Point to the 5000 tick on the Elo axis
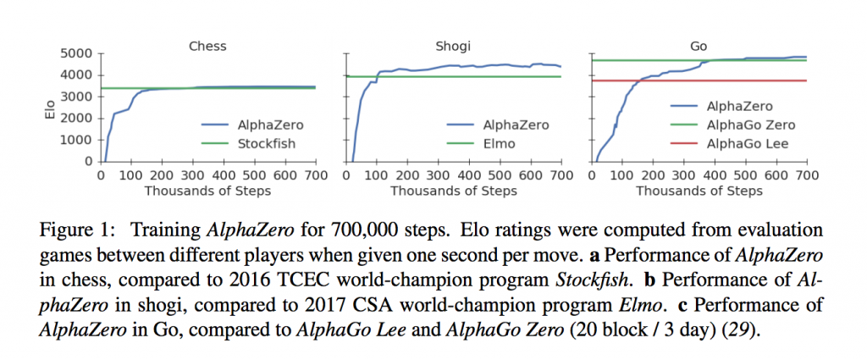coord(77,53)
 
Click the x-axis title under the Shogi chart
coord(453,191)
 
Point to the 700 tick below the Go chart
coord(806,175)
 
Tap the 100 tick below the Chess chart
coord(131,175)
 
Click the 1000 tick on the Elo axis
coord(77,140)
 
